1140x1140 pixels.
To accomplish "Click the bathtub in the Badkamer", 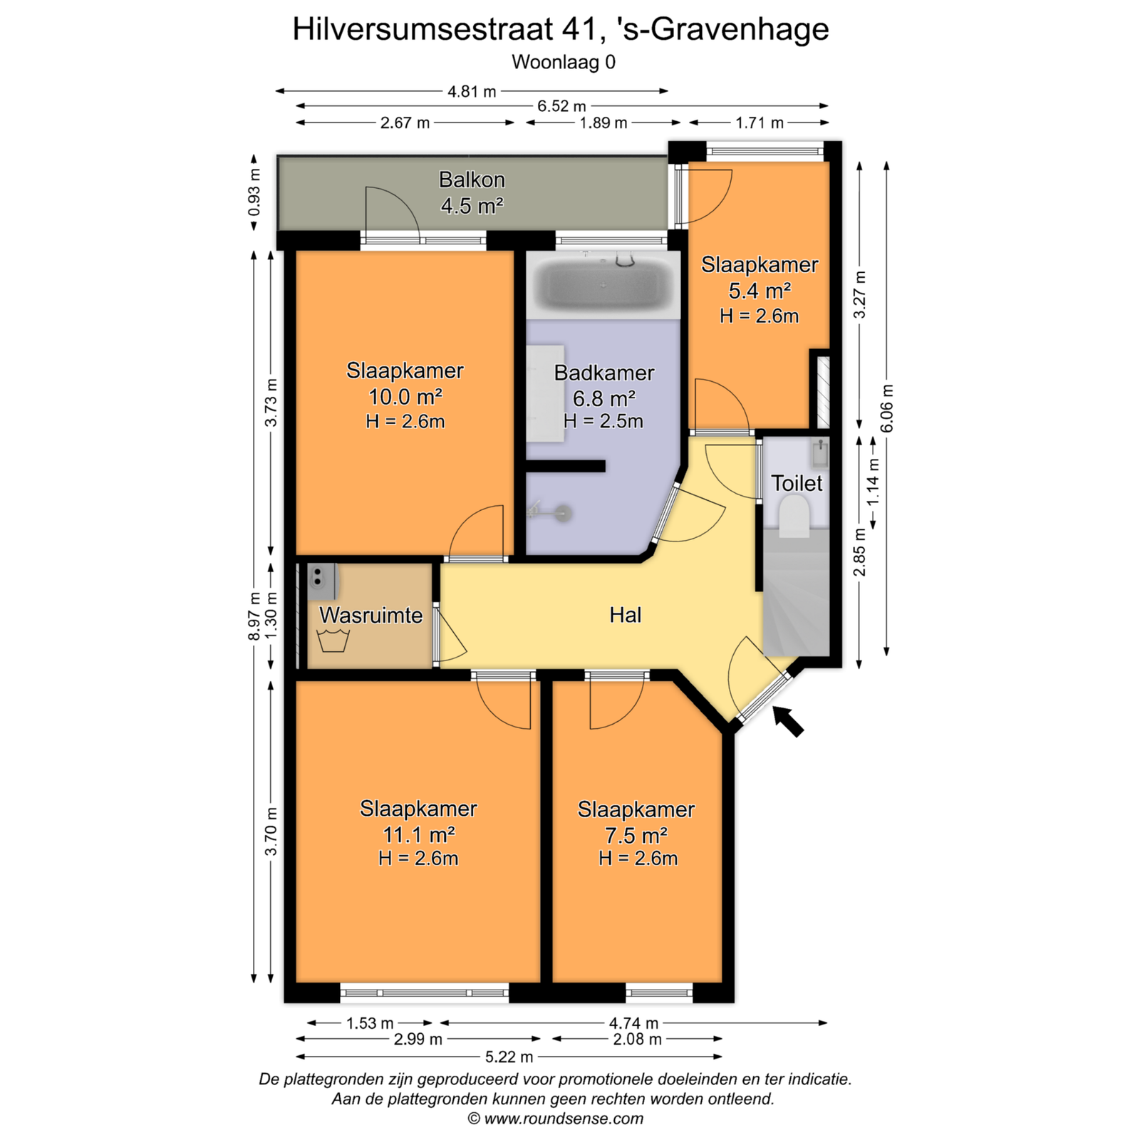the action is [x=604, y=284].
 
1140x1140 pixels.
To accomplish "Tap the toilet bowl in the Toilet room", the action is [x=794, y=516].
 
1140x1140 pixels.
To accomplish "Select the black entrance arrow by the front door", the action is [x=788, y=721].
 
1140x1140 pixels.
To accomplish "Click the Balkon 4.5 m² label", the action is [x=472, y=192].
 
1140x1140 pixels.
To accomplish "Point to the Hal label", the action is [x=625, y=615].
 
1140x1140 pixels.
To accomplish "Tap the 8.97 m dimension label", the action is [x=254, y=616].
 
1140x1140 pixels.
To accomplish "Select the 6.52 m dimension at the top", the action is [x=561, y=106].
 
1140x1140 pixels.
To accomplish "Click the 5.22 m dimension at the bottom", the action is [x=509, y=1057].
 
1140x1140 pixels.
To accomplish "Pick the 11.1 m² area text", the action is [x=418, y=834].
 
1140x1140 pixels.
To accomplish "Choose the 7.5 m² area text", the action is [x=636, y=834].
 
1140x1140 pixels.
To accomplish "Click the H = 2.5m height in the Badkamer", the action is [x=603, y=421].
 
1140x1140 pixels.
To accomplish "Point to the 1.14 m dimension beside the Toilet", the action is [x=874, y=482].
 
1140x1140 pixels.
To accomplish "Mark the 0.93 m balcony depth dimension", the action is [x=254, y=192].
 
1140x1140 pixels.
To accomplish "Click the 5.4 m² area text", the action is [x=760, y=291].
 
